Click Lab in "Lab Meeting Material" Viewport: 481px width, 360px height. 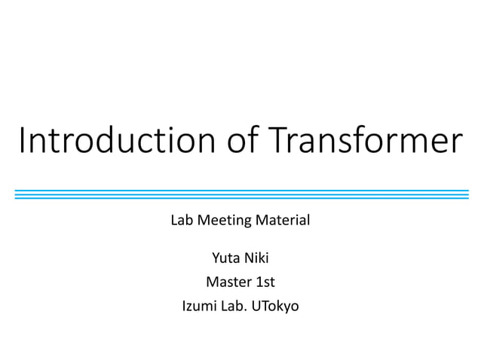click(x=182, y=221)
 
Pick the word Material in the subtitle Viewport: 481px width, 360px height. click(x=283, y=221)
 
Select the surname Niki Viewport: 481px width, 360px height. click(x=257, y=260)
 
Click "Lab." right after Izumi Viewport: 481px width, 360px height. click(x=236, y=307)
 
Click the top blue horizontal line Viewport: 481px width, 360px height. click(x=241, y=191)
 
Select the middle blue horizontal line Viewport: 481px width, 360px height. click(x=241, y=194)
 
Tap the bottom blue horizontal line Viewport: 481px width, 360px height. click(x=241, y=198)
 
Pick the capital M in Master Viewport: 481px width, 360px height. click(x=211, y=283)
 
